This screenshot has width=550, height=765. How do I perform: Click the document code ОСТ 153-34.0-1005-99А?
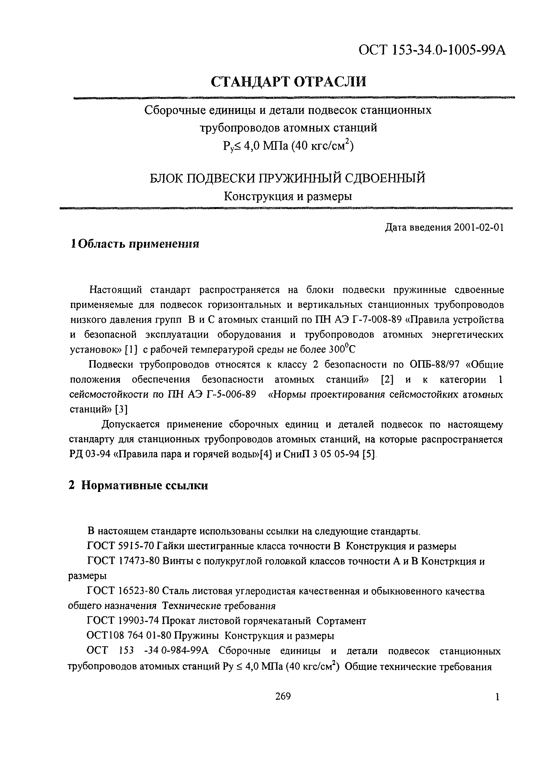432,50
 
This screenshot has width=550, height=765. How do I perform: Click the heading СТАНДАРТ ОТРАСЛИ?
288,82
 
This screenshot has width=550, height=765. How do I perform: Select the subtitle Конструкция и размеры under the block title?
288,196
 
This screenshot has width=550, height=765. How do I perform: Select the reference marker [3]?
121,409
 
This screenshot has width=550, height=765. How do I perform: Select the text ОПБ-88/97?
428,365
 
